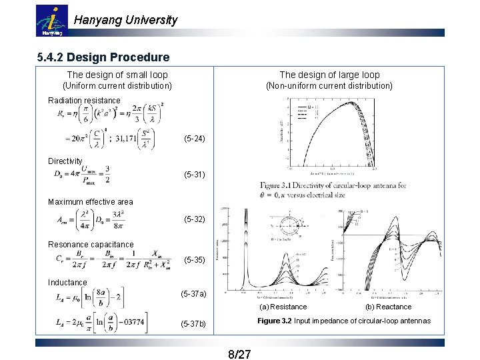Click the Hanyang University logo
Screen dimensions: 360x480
tap(51, 21)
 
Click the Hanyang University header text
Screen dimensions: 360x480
tap(125, 20)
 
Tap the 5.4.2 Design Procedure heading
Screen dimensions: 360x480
tap(103, 57)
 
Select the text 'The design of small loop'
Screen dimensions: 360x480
tap(117, 75)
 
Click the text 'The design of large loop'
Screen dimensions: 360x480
tap(329, 75)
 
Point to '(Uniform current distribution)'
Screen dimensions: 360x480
tap(117, 86)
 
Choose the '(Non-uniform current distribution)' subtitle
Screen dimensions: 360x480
tap(329, 86)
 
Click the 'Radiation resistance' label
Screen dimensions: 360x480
tap(84, 101)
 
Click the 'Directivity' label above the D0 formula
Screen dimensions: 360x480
tap(65, 161)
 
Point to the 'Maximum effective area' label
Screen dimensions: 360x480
tap(91, 202)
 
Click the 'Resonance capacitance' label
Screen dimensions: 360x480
tap(91, 245)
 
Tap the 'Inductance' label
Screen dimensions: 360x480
tap(67, 283)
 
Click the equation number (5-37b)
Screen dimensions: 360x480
tap(194, 324)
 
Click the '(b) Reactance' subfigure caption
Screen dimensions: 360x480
tap(389, 307)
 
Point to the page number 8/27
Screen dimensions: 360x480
tap(239, 353)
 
